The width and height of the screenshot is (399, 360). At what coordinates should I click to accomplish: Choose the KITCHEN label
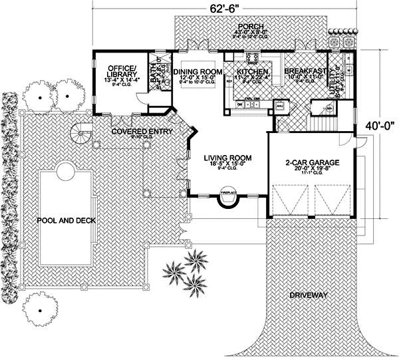(252, 71)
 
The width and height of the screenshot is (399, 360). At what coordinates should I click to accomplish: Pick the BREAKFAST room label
(306, 71)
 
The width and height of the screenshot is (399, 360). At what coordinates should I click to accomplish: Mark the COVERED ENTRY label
(142, 132)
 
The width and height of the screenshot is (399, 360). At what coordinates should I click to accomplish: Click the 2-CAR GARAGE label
(312, 162)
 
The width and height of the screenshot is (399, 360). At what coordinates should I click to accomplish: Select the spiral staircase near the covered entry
(82, 137)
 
